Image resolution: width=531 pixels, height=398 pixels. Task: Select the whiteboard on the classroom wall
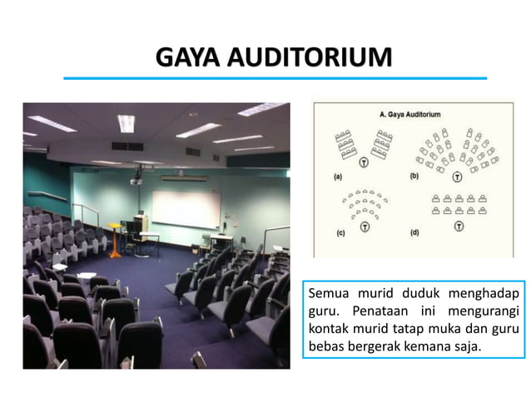coord(185,208)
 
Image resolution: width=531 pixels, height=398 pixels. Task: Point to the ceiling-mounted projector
coord(136,178)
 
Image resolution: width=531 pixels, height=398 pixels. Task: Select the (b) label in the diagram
coord(414,176)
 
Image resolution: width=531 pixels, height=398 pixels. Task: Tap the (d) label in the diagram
coord(414,233)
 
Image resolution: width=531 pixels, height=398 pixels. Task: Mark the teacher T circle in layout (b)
coord(458,177)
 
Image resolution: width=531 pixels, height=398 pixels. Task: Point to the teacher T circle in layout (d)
coord(458,226)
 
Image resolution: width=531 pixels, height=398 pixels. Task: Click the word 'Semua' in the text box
coord(328,293)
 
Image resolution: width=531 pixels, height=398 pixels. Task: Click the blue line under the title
coord(275,78)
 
